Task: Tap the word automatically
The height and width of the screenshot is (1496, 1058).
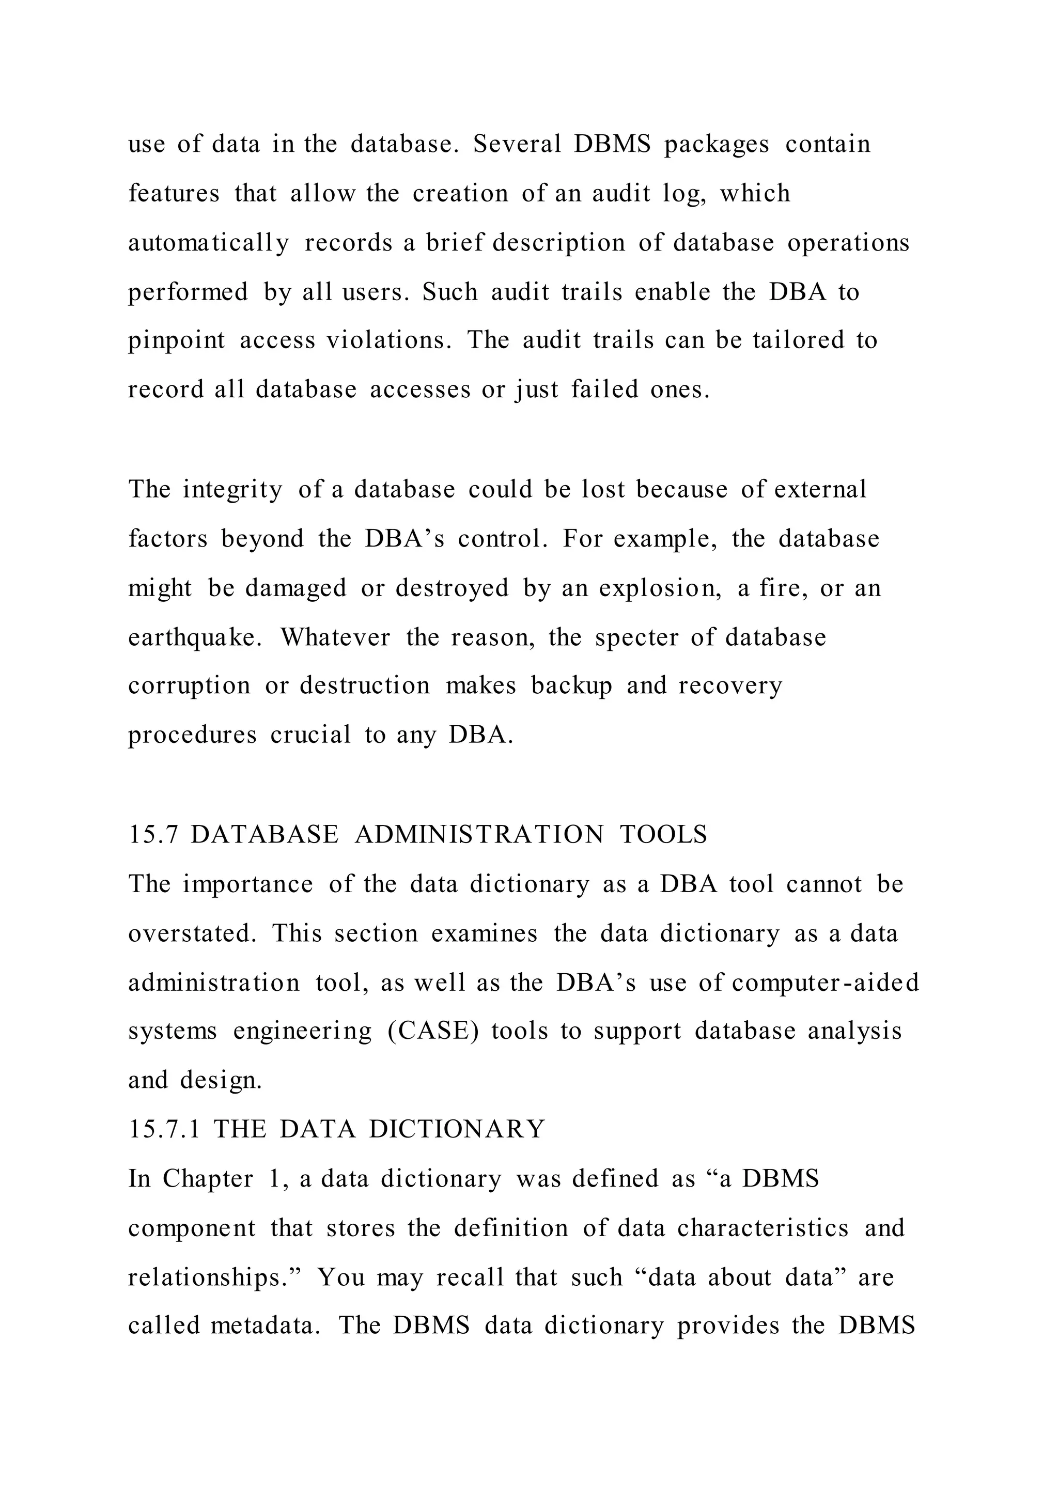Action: click(209, 243)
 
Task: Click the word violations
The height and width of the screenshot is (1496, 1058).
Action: click(388, 340)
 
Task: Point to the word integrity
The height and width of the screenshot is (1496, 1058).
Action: click(232, 489)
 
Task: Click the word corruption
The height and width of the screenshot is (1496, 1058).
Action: click(189, 685)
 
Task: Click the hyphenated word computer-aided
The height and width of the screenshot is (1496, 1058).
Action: click(825, 983)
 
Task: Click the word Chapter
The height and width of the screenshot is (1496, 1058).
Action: click(208, 1179)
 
